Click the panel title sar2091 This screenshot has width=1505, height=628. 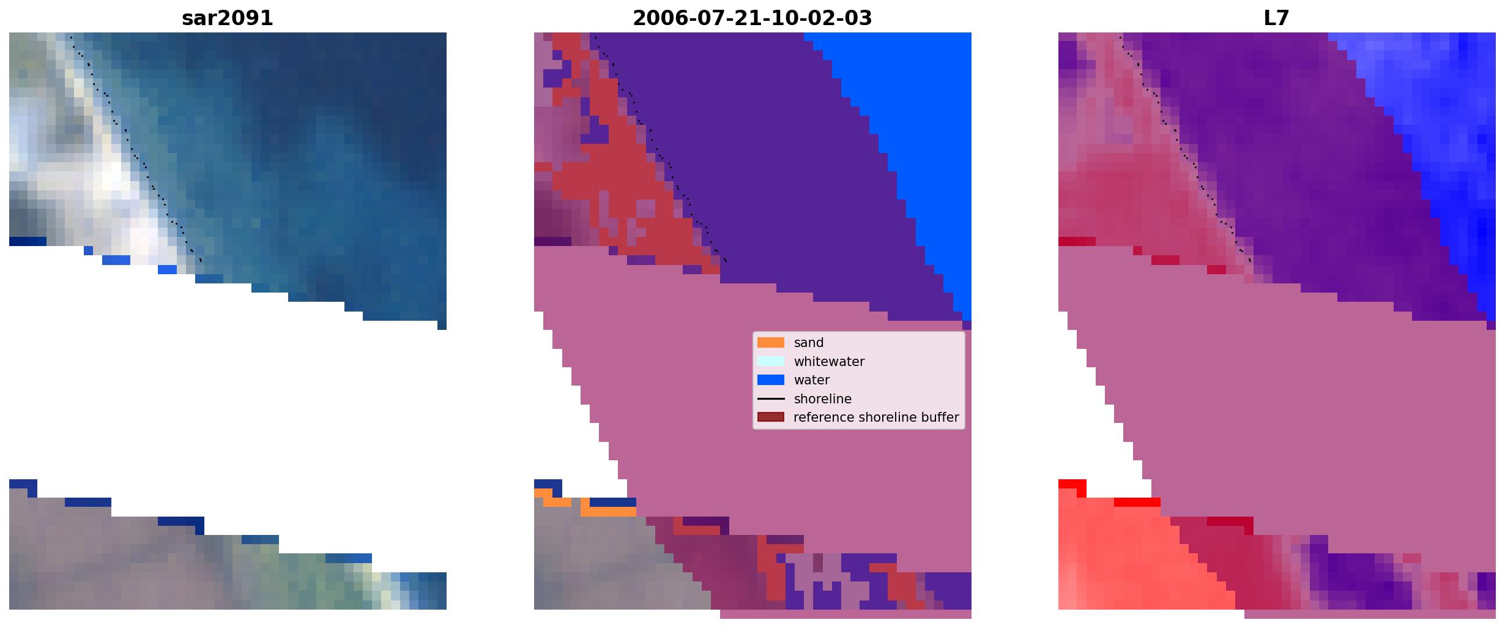[228, 18]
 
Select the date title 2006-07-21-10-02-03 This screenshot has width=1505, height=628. [752, 18]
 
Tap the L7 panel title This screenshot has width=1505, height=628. [1277, 18]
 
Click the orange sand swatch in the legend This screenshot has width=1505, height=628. [771, 343]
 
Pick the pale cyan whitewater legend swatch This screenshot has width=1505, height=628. [771, 361]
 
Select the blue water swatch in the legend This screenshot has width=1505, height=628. [771, 380]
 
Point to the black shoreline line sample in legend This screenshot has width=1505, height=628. [771, 399]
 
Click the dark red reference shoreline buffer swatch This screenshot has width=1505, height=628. [771, 417]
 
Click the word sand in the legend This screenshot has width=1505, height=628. [809, 343]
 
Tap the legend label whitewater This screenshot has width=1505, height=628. [829, 361]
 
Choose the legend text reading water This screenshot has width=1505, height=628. [812, 380]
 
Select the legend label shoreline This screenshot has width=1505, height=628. [823, 399]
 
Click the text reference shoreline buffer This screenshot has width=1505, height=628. [876, 417]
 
